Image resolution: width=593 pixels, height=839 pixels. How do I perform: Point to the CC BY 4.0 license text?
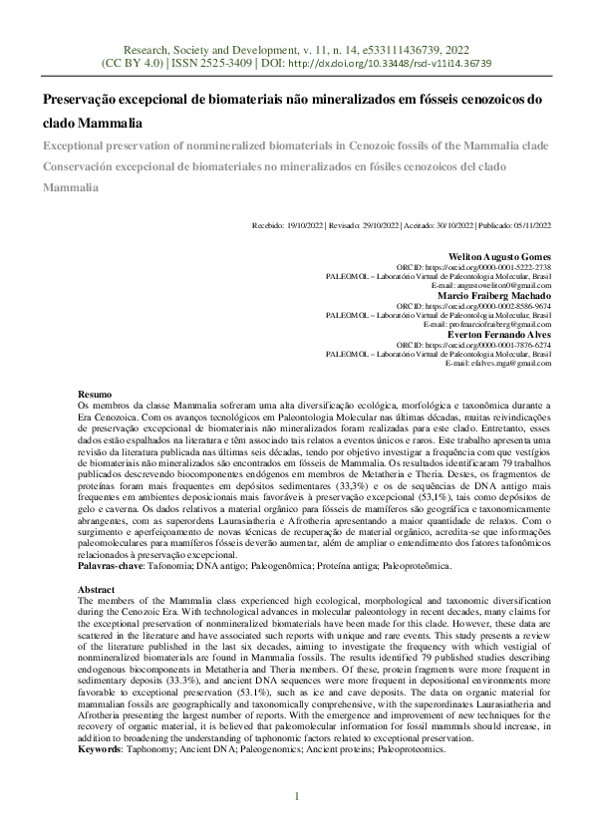(137, 62)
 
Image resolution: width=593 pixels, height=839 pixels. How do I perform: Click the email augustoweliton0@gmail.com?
(499, 286)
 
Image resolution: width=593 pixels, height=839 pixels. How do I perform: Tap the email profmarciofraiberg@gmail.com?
(494, 324)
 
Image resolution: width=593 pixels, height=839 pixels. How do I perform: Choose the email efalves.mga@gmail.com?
(504, 363)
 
